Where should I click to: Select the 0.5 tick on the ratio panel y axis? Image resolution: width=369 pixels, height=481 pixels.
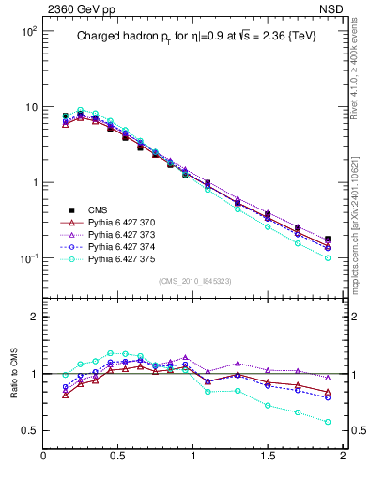pos(29,430)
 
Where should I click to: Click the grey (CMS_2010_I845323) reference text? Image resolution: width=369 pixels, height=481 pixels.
pos(193,281)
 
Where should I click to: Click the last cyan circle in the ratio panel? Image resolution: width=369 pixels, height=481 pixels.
pos(328,422)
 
